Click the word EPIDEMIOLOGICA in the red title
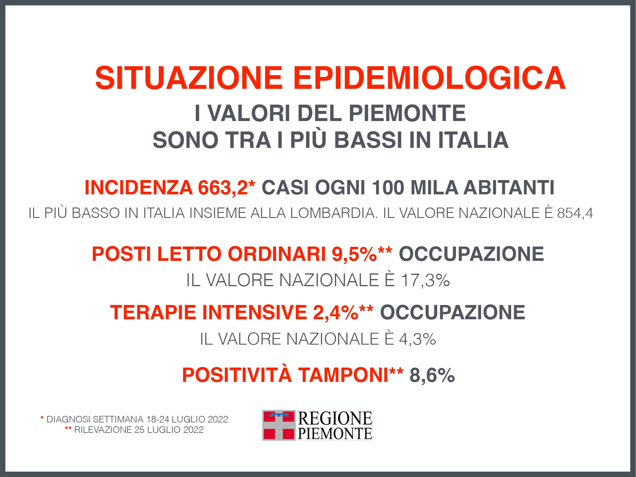point(429,78)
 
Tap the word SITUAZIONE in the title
point(188,78)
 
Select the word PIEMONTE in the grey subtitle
point(407,113)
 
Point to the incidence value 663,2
point(223,188)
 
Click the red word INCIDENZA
point(139,188)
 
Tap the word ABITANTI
point(509,188)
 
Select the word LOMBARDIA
point(332,213)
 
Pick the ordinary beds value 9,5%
point(354,254)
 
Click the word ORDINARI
point(277,254)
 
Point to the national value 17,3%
point(425,280)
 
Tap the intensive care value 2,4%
point(336,312)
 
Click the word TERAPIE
point(153,312)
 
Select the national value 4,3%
point(418,339)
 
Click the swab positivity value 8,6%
point(432,375)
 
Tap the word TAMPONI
point(343,374)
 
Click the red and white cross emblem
point(279,425)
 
